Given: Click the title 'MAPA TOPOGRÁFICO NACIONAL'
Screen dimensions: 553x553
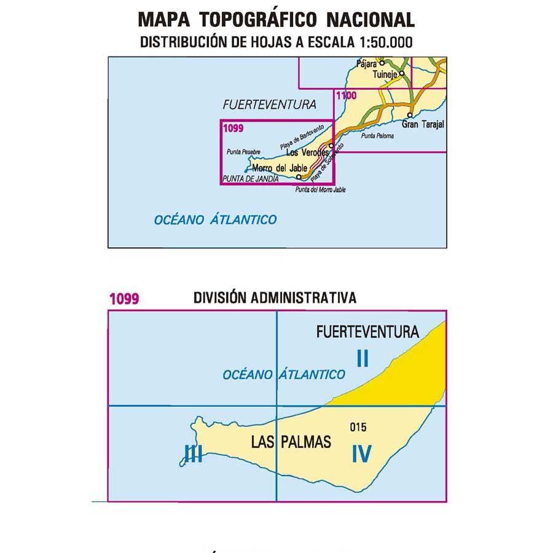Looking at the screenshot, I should [x=276, y=20].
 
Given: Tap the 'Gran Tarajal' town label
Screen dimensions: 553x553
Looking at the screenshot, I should [x=422, y=124].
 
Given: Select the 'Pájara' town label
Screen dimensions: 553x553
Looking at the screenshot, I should [x=367, y=63].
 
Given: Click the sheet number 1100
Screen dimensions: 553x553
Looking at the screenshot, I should [x=346, y=95].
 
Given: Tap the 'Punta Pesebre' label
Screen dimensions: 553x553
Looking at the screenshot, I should [x=243, y=152].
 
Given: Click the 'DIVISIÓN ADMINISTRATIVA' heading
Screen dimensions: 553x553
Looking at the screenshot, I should [x=275, y=298].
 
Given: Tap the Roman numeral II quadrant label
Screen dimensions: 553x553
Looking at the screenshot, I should [x=362, y=358].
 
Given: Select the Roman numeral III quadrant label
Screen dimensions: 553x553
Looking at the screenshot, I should [x=194, y=454].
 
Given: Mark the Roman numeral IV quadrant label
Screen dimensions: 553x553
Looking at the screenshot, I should [x=362, y=453].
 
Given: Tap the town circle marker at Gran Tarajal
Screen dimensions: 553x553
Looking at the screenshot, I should [x=409, y=115].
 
